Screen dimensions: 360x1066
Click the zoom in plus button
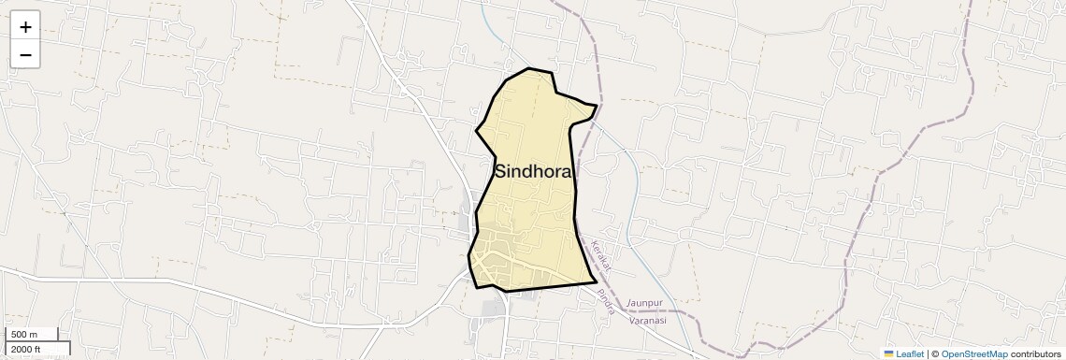(x=25, y=27)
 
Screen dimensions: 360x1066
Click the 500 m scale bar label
(x=24, y=335)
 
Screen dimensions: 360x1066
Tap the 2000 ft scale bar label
(x=26, y=350)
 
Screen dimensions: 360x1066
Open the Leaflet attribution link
(x=910, y=353)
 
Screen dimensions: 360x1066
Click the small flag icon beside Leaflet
(x=888, y=353)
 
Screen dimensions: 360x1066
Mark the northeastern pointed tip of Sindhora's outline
(x=596, y=106)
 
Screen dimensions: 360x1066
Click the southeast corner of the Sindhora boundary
(x=596, y=281)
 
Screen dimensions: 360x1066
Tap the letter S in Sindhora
(x=501, y=171)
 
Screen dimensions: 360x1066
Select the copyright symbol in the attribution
(x=935, y=353)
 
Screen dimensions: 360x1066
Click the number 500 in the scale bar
(x=19, y=335)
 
